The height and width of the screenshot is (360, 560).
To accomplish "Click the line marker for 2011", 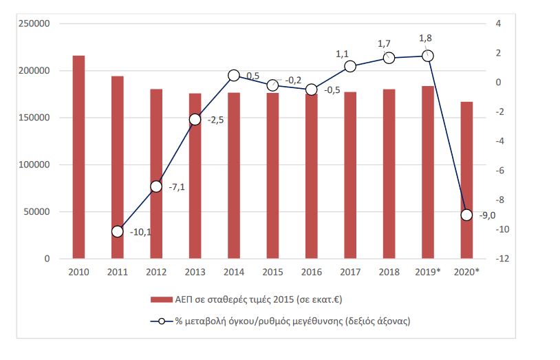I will pos(117,231).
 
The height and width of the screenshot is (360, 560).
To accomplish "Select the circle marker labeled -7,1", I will pos(156,187).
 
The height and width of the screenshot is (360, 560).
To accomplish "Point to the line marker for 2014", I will pos(233,76).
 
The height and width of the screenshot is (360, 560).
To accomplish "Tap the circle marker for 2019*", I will pos(427,56).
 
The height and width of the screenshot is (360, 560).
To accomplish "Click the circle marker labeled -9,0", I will pos(466,215).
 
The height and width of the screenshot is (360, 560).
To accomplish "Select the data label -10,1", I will pos(141,232).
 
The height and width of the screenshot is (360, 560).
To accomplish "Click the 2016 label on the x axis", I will pos(311,272).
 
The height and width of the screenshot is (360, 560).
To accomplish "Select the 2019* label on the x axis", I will pos(427,272).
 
